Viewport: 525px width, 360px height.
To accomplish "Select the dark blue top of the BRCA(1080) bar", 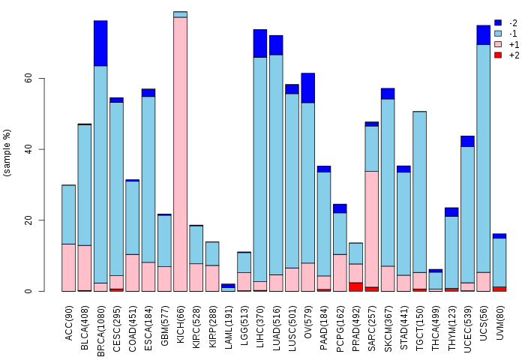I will coord(100,43).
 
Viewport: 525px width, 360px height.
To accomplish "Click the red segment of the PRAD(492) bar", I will coord(355,286).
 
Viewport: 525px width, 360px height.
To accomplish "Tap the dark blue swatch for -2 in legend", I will coord(498,23).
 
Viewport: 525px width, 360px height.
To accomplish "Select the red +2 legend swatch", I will coord(498,55).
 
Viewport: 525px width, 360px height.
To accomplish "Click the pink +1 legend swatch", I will coord(498,44).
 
